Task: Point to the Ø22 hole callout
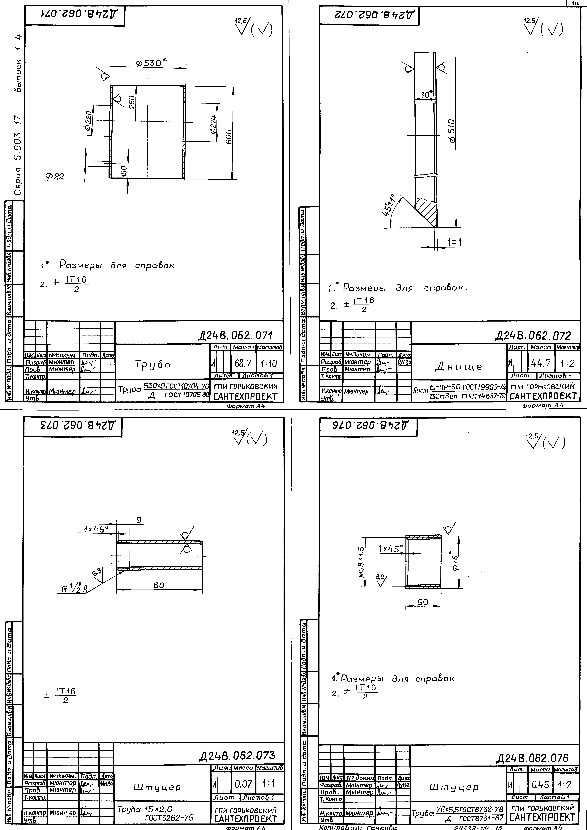[55, 176]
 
